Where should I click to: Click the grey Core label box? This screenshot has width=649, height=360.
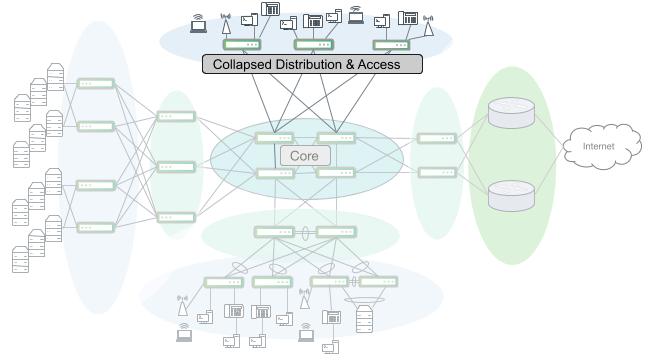click(x=305, y=156)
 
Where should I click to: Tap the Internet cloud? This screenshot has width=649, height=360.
click(x=599, y=147)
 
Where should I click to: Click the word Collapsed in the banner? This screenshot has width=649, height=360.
click(x=246, y=64)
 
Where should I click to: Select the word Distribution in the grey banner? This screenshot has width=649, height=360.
click(x=320, y=64)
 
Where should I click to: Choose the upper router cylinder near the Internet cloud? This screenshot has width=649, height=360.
click(x=506, y=113)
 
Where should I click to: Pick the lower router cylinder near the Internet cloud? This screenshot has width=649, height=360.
click(x=506, y=194)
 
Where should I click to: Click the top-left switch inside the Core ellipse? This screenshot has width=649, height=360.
click(x=273, y=138)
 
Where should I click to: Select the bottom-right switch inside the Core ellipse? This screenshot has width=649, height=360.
click(x=336, y=173)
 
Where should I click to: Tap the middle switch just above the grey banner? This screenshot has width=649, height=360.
click(x=312, y=45)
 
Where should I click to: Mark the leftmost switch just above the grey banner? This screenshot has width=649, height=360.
click(x=241, y=45)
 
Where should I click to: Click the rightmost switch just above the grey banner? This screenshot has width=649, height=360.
click(x=391, y=45)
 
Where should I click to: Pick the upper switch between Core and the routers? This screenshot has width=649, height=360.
click(x=436, y=138)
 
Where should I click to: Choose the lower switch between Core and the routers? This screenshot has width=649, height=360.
click(x=436, y=172)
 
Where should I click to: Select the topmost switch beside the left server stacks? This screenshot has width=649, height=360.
click(x=95, y=84)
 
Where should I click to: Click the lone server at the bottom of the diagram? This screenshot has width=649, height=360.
click(x=364, y=317)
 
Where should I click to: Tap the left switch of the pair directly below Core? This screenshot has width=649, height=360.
click(x=273, y=232)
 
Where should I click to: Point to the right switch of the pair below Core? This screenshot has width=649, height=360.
click(x=336, y=232)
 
